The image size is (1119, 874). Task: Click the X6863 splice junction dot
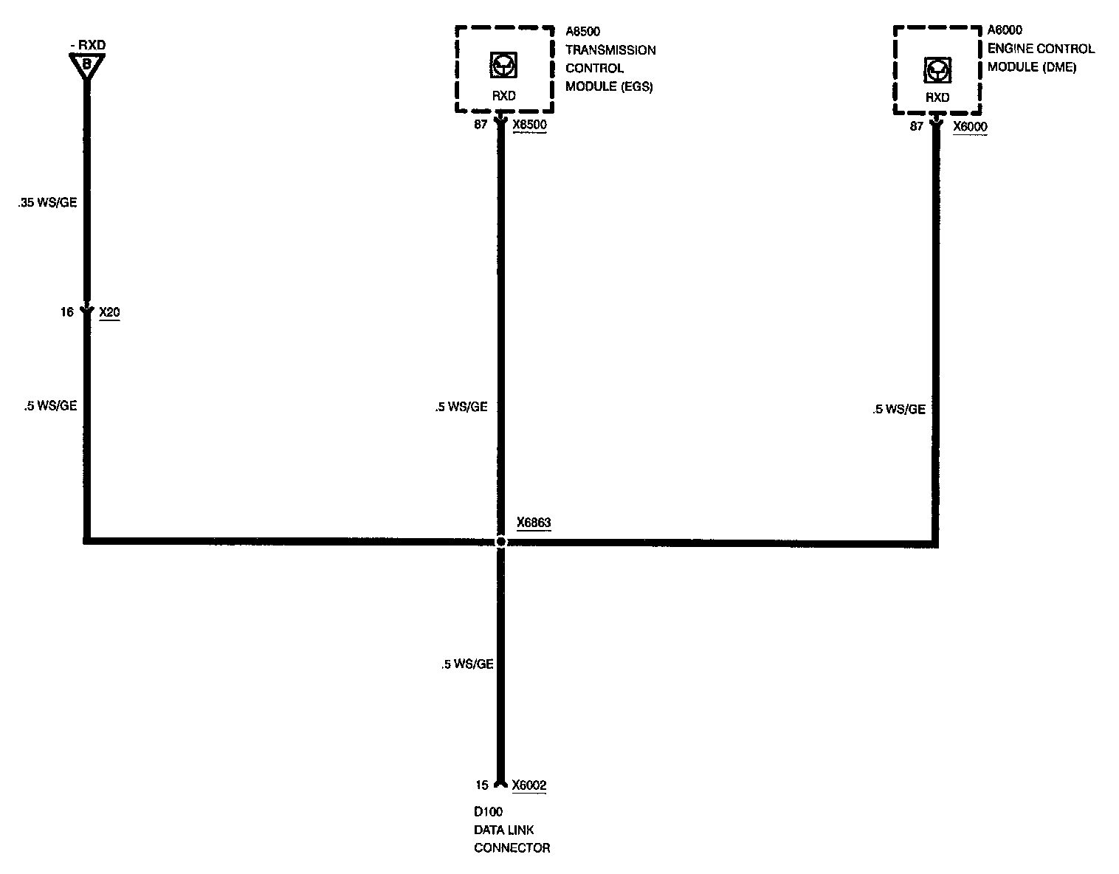coord(501,542)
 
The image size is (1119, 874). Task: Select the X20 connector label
coord(109,312)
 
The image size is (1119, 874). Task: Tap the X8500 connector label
coord(529,125)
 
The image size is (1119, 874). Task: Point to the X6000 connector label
coord(970,126)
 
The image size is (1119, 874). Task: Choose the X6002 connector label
coord(528,785)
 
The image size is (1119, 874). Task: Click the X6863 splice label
coord(534,523)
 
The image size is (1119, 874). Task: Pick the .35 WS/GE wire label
coord(47,203)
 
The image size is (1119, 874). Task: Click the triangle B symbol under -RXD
coord(86,65)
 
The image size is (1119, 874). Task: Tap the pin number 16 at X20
coord(67,312)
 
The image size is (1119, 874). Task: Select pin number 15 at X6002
coord(482,785)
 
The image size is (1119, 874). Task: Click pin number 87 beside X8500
coord(481,125)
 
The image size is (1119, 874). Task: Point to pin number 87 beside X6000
coord(916,126)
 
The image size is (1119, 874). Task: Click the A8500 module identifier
coord(582,32)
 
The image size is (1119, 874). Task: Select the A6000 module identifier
coord(1005,30)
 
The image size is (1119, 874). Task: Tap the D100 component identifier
coord(488,812)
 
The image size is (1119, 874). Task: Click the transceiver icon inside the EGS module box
coord(503,66)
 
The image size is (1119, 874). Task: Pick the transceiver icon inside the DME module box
coord(937,70)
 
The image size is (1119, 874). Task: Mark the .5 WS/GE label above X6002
coord(467,664)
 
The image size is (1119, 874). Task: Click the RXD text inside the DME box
coord(937,97)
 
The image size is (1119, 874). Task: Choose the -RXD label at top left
coord(87,45)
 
